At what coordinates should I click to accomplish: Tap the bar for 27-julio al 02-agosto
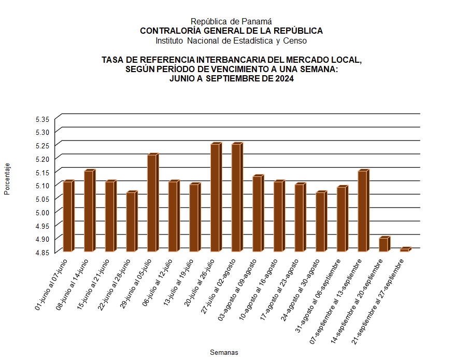(236, 198)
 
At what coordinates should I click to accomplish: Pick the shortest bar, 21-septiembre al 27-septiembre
(404, 250)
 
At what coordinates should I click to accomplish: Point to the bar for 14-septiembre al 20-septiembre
(383, 244)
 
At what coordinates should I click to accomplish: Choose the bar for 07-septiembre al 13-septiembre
(362, 211)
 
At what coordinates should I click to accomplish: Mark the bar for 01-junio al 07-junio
(67, 216)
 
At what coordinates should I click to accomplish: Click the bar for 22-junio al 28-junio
(131, 221)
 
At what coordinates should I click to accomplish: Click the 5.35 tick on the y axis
(42, 119)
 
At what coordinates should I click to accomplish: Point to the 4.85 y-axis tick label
(42, 252)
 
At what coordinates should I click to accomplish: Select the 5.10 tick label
(42, 186)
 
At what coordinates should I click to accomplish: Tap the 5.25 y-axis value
(42, 146)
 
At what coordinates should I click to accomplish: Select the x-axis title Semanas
(224, 352)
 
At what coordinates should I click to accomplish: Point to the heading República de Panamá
(231, 21)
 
